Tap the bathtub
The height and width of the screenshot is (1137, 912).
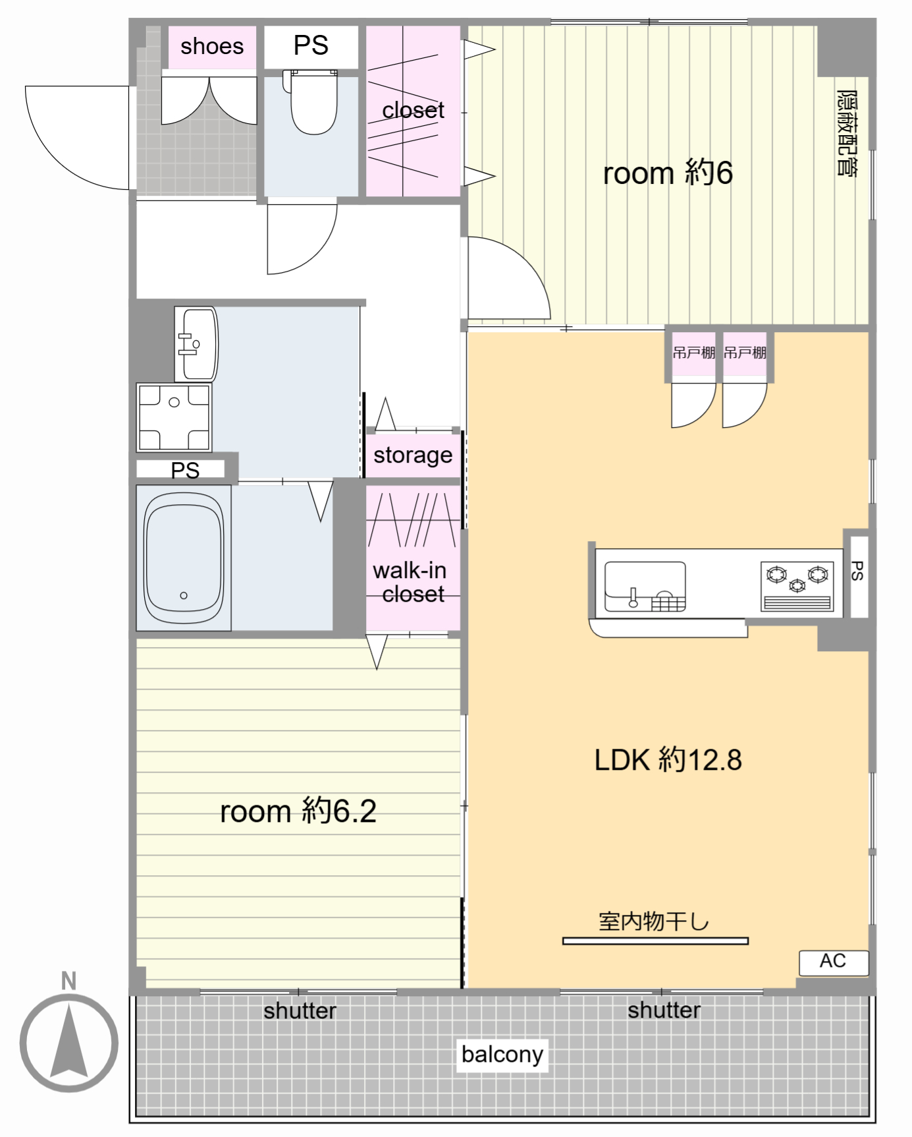[184, 558]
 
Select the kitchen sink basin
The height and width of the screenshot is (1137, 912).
[645, 586]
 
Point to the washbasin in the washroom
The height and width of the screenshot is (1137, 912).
[196, 344]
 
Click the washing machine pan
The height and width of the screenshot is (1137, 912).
[174, 417]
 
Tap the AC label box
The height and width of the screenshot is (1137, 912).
[834, 962]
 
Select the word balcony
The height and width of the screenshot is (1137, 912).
[502, 1054]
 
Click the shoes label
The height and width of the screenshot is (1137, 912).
[212, 46]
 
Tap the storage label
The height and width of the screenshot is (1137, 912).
[413, 455]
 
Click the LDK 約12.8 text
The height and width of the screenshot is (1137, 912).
[668, 760]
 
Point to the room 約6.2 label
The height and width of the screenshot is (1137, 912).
[298, 811]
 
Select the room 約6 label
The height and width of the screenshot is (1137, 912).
[668, 173]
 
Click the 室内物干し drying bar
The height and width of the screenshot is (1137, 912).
[655, 941]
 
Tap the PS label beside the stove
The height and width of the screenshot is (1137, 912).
[857, 571]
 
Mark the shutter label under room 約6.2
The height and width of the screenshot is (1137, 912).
[300, 1011]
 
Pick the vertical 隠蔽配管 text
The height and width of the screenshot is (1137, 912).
[847, 133]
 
